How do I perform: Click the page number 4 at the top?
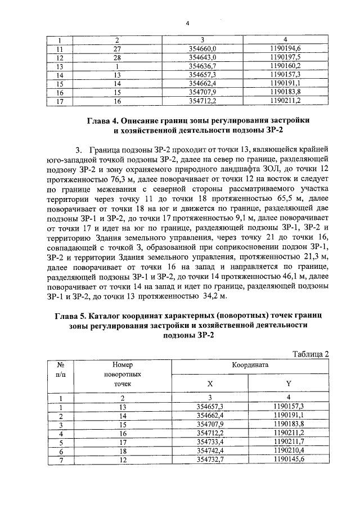(187, 22)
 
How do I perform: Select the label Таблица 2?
(311, 353)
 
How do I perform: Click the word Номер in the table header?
(121, 364)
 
